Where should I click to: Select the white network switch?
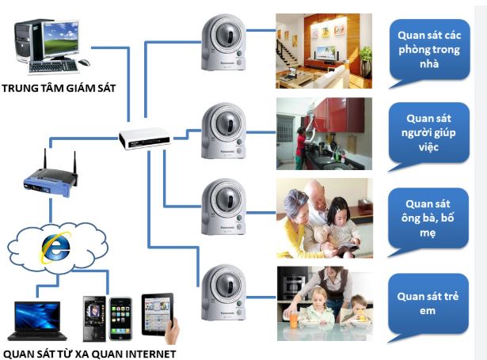tap(140, 139)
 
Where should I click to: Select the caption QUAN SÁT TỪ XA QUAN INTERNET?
tap(88, 353)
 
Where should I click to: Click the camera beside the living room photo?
tap(221, 44)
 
